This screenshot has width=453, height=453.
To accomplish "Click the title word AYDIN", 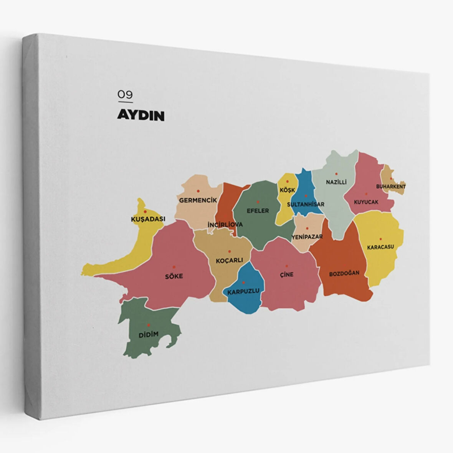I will coord(141,116).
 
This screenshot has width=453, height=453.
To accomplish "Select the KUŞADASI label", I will coord(148,219).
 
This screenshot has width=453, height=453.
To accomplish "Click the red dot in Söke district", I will coord(174,267).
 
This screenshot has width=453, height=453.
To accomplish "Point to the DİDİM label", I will coord(148,335).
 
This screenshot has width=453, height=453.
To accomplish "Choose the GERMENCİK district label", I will coord(198,200).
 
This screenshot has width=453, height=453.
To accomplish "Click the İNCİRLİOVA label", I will coord(225,224).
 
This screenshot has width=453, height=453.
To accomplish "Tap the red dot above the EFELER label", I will coord(258,202).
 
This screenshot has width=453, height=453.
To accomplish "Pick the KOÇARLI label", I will coord(230,260).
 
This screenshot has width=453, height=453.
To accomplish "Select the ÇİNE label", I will coord(286,274).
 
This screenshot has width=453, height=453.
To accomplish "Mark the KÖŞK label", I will coord(287,190).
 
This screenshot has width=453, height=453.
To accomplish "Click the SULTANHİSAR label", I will coord(306,204).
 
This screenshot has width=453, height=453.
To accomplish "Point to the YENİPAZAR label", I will coord(307,236).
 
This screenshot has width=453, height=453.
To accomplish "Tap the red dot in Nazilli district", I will coord(336,174).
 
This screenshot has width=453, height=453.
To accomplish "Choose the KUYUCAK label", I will coord(366,202).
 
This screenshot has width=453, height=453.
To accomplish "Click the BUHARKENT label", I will coord(391,187).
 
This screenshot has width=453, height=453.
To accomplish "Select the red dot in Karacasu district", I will coord(380,239).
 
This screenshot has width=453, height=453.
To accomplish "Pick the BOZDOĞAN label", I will coord(344,273).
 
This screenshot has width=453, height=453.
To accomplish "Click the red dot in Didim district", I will coord(149,325).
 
